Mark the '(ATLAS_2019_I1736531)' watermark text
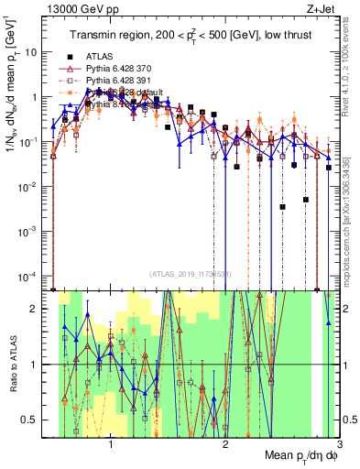[x=190, y=275]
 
